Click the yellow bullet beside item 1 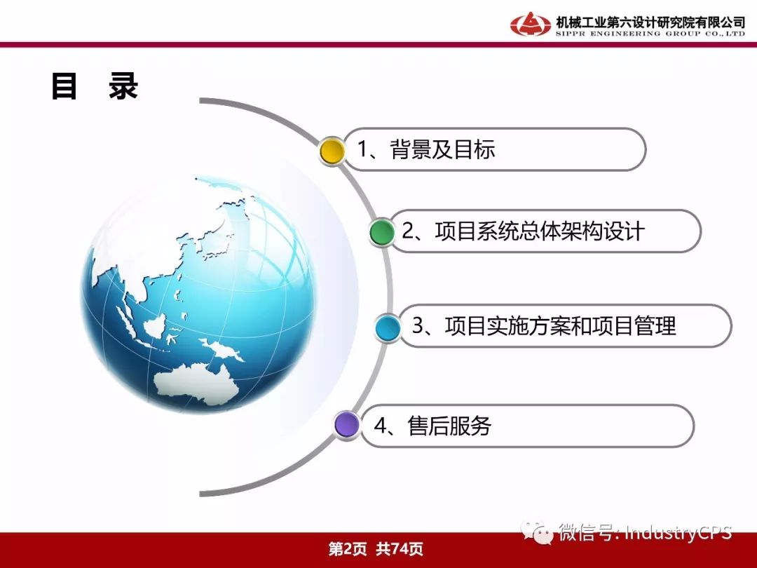tap(332, 151)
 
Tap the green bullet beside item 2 tap(382, 232)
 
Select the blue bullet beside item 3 tap(388, 327)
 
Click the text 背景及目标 tap(442, 149)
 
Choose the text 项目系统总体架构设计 tap(540, 231)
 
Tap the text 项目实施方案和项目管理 tap(560, 326)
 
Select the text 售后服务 tap(449, 426)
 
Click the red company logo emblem tap(530, 24)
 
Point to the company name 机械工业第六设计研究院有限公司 tap(650, 22)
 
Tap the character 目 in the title tap(64, 86)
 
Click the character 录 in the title tap(123, 86)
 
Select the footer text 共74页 tap(400, 548)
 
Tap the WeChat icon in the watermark tap(537, 532)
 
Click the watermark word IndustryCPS tap(678, 532)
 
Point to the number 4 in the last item tap(380, 426)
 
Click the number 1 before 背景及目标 tap(362, 149)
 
